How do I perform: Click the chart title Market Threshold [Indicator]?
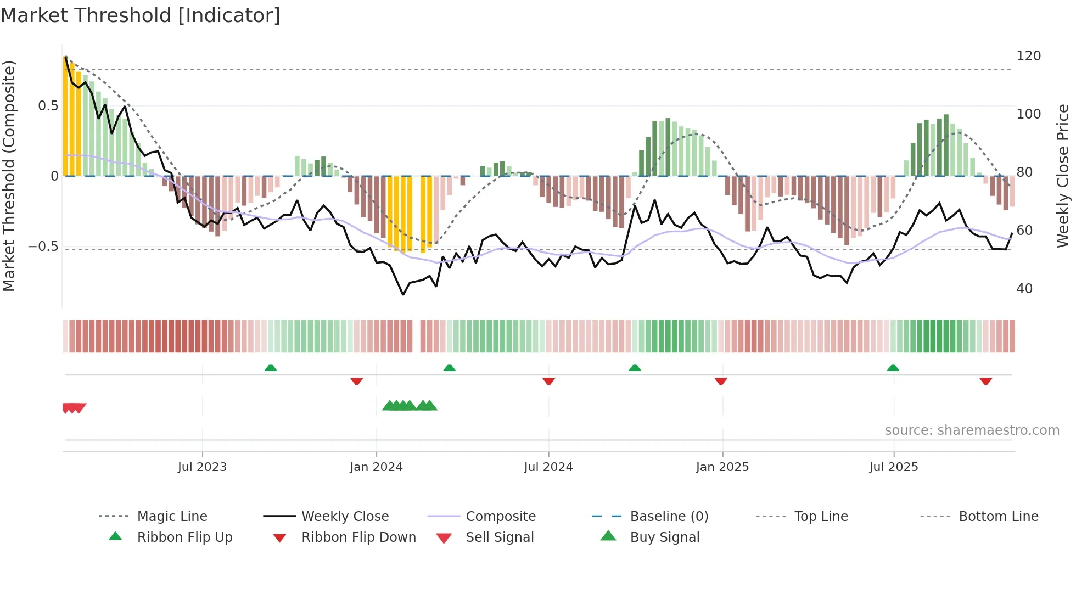click(141, 15)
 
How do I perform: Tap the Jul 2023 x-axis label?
click(202, 467)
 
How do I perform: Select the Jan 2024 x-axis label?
click(376, 467)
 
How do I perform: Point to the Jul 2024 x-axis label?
click(548, 467)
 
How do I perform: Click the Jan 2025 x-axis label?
click(722, 467)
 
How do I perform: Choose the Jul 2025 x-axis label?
click(893, 467)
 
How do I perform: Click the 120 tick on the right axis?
click(1028, 56)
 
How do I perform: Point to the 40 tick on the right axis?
click(1024, 289)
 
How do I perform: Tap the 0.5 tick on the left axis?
click(48, 106)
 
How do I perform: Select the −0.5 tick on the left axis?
click(43, 247)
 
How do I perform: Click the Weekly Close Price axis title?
click(1063, 176)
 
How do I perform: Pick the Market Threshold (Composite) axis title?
click(9, 176)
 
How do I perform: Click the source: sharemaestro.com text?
click(972, 430)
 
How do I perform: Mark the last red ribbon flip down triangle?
click(985, 381)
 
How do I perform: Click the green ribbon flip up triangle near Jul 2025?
click(893, 368)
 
